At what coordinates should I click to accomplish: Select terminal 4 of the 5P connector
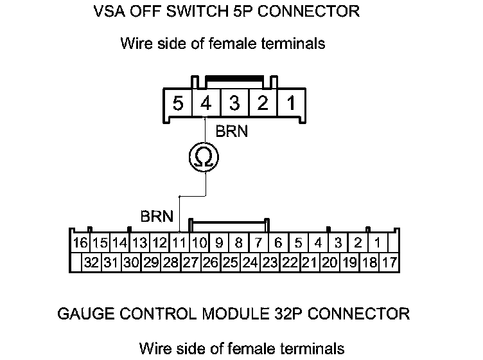point(205,104)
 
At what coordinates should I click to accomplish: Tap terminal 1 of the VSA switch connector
point(291,104)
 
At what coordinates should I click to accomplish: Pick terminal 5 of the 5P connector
point(177,104)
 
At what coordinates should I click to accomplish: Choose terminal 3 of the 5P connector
point(234,104)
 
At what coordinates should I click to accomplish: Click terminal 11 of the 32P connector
point(179,244)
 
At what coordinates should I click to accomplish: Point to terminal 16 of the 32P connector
point(80,244)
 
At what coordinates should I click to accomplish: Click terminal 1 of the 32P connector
point(378,244)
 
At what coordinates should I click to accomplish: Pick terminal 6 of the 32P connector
point(278,244)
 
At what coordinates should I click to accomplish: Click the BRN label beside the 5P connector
point(232,132)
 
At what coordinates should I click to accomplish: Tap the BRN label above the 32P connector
point(157,217)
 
